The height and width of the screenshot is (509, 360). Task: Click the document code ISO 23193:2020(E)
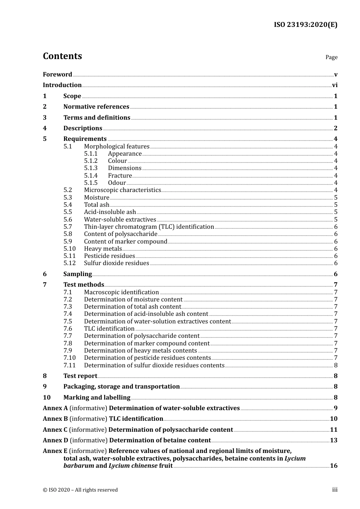point(305,25)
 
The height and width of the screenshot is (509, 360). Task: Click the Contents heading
point(62,56)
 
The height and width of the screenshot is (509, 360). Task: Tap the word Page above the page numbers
point(331,57)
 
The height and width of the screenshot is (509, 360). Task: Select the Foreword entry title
point(57,74)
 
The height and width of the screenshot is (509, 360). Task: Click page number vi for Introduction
point(335,85)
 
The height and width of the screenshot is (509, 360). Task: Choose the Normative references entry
point(96,107)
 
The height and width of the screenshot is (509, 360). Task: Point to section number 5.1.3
point(91,168)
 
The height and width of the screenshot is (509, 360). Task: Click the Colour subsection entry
point(117,161)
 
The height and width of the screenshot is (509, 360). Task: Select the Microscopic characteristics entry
point(122,190)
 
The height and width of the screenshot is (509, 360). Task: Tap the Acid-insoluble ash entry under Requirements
point(110,212)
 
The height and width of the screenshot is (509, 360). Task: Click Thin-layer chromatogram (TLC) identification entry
point(149,227)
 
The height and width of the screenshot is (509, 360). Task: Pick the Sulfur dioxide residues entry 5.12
point(116,263)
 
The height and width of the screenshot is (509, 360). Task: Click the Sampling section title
point(78,274)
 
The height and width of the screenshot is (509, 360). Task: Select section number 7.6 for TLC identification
point(68,329)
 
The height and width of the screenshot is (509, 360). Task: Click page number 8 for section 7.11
point(336,365)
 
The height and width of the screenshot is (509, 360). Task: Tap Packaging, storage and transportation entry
point(121,387)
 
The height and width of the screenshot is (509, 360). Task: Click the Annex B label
point(55,419)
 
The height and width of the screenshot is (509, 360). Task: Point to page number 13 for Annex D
point(333,440)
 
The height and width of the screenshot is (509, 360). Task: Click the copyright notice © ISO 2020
point(80,490)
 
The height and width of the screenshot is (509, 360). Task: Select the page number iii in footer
point(335,490)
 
